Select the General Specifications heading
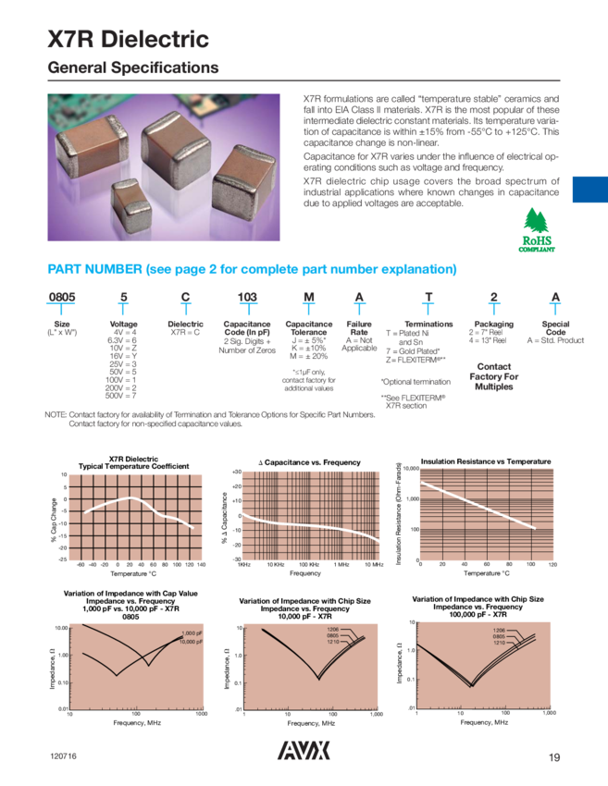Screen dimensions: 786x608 tap(133, 68)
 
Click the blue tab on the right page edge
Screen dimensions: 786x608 tap(589, 190)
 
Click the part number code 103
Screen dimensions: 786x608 tap(247, 297)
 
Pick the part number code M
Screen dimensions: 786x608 tap(308, 297)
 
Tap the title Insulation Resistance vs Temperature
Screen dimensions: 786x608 tap(486, 461)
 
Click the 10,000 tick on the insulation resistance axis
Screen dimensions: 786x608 tap(412, 470)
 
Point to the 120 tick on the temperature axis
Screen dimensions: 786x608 tap(553, 564)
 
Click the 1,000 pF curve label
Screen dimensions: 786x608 tap(192, 633)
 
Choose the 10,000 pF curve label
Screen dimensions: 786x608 tap(192, 642)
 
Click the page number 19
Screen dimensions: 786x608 tap(554, 758)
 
